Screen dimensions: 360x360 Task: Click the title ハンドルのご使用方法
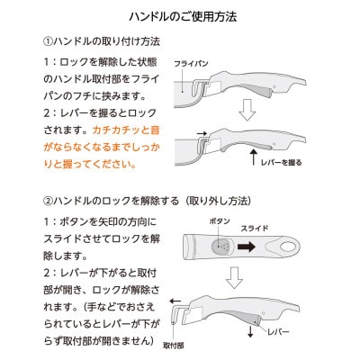coord(179,17)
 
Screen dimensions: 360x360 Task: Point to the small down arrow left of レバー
coord(249,330)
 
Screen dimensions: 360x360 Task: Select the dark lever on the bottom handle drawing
coord(243,318)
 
